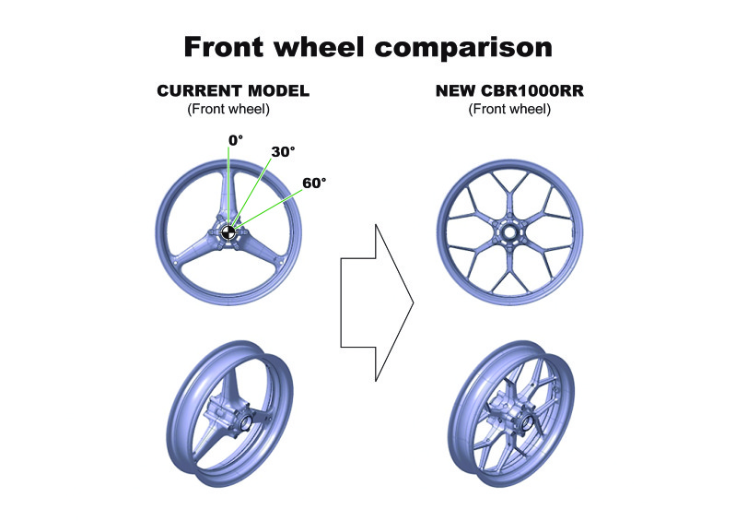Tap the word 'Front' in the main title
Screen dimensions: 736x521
pos(224,46)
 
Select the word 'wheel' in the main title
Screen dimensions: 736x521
pos(319,46)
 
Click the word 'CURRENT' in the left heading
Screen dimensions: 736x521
pos(199,90)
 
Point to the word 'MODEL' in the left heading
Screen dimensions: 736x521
pos(278,90)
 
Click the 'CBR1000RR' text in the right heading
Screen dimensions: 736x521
pos(532,90)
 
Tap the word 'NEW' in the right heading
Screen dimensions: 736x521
pos(455,90)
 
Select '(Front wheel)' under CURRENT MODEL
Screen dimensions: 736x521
pos(228,109)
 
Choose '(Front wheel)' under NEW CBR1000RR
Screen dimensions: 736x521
pos(509,109)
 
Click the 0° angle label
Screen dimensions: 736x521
pos(236,140)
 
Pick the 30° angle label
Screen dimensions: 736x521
pos(283,152)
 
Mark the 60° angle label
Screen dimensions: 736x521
pos(314,184)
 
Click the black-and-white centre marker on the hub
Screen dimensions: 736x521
pos(228,232)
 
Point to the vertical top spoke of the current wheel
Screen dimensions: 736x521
pos(228,195)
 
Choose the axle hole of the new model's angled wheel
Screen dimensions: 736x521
pos(526,423)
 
